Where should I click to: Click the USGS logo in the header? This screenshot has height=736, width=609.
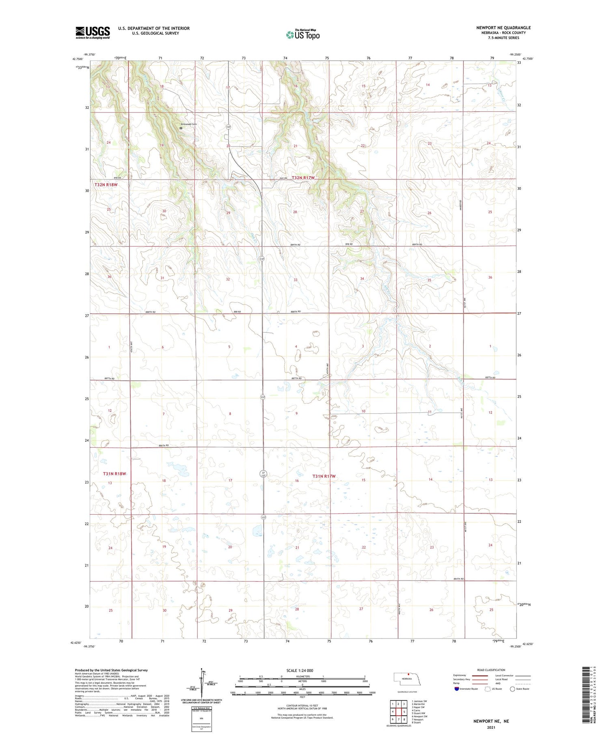pyautogui.click(x=93, y=32)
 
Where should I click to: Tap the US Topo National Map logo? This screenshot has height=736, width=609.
pyautogui.click(x=303, y=35)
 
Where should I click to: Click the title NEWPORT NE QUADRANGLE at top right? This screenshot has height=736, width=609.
pyautogui.click(x=503, y=28)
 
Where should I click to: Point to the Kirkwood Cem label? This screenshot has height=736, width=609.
pyautogui.click(x=189, y=124)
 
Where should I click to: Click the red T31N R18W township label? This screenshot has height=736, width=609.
pyautogui.click(x=114, y=473)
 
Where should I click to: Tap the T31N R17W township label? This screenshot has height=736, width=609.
pyautogui.click(x=324, y=476)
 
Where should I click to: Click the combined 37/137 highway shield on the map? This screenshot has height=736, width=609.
pyautogui.click(x=263, y=474)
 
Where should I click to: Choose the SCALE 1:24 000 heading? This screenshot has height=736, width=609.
pyautogui.click(x=300, y=671)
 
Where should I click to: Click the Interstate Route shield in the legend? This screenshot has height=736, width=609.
pyautogui.click(x=457, y=689)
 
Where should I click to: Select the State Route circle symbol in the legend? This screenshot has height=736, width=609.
pyautogui.click(x=512, y=689)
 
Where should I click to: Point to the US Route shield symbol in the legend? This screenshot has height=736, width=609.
pyautogui.click(x=488, y=689)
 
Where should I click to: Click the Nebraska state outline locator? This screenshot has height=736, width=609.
pyautogui.click(x=409, y=680)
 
